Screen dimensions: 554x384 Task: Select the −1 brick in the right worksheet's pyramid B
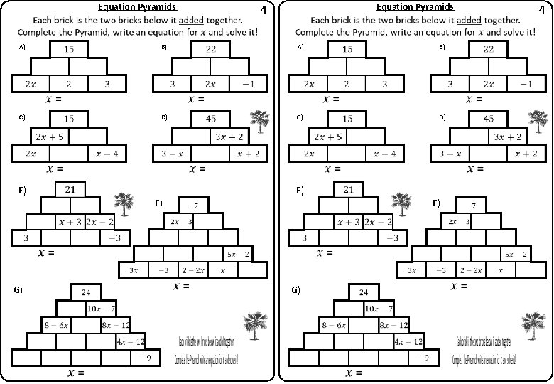pyautogui.click(x=526, y=84)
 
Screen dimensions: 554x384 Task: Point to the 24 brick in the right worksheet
pyautogui.click(x=364, y=292)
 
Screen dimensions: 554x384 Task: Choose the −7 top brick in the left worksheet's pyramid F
pyautogui.click(x=192, y=205)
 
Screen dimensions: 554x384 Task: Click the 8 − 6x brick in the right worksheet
pyautogui.click(x=334, y=325)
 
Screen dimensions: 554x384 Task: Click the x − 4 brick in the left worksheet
pyautogui.click(x=108, y=153)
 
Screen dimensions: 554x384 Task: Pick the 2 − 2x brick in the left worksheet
pyautogui.click(x=193, y=270)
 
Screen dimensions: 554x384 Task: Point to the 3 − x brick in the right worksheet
pyautogui.click(x=449, y=153)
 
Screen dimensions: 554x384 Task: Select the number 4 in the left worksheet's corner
pyautogui.click(x=264, y=11)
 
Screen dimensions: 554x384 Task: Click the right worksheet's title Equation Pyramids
pyautogui.click(x=415, y=7)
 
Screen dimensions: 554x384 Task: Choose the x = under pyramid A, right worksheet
pyautogui.click(x=331, y=100)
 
